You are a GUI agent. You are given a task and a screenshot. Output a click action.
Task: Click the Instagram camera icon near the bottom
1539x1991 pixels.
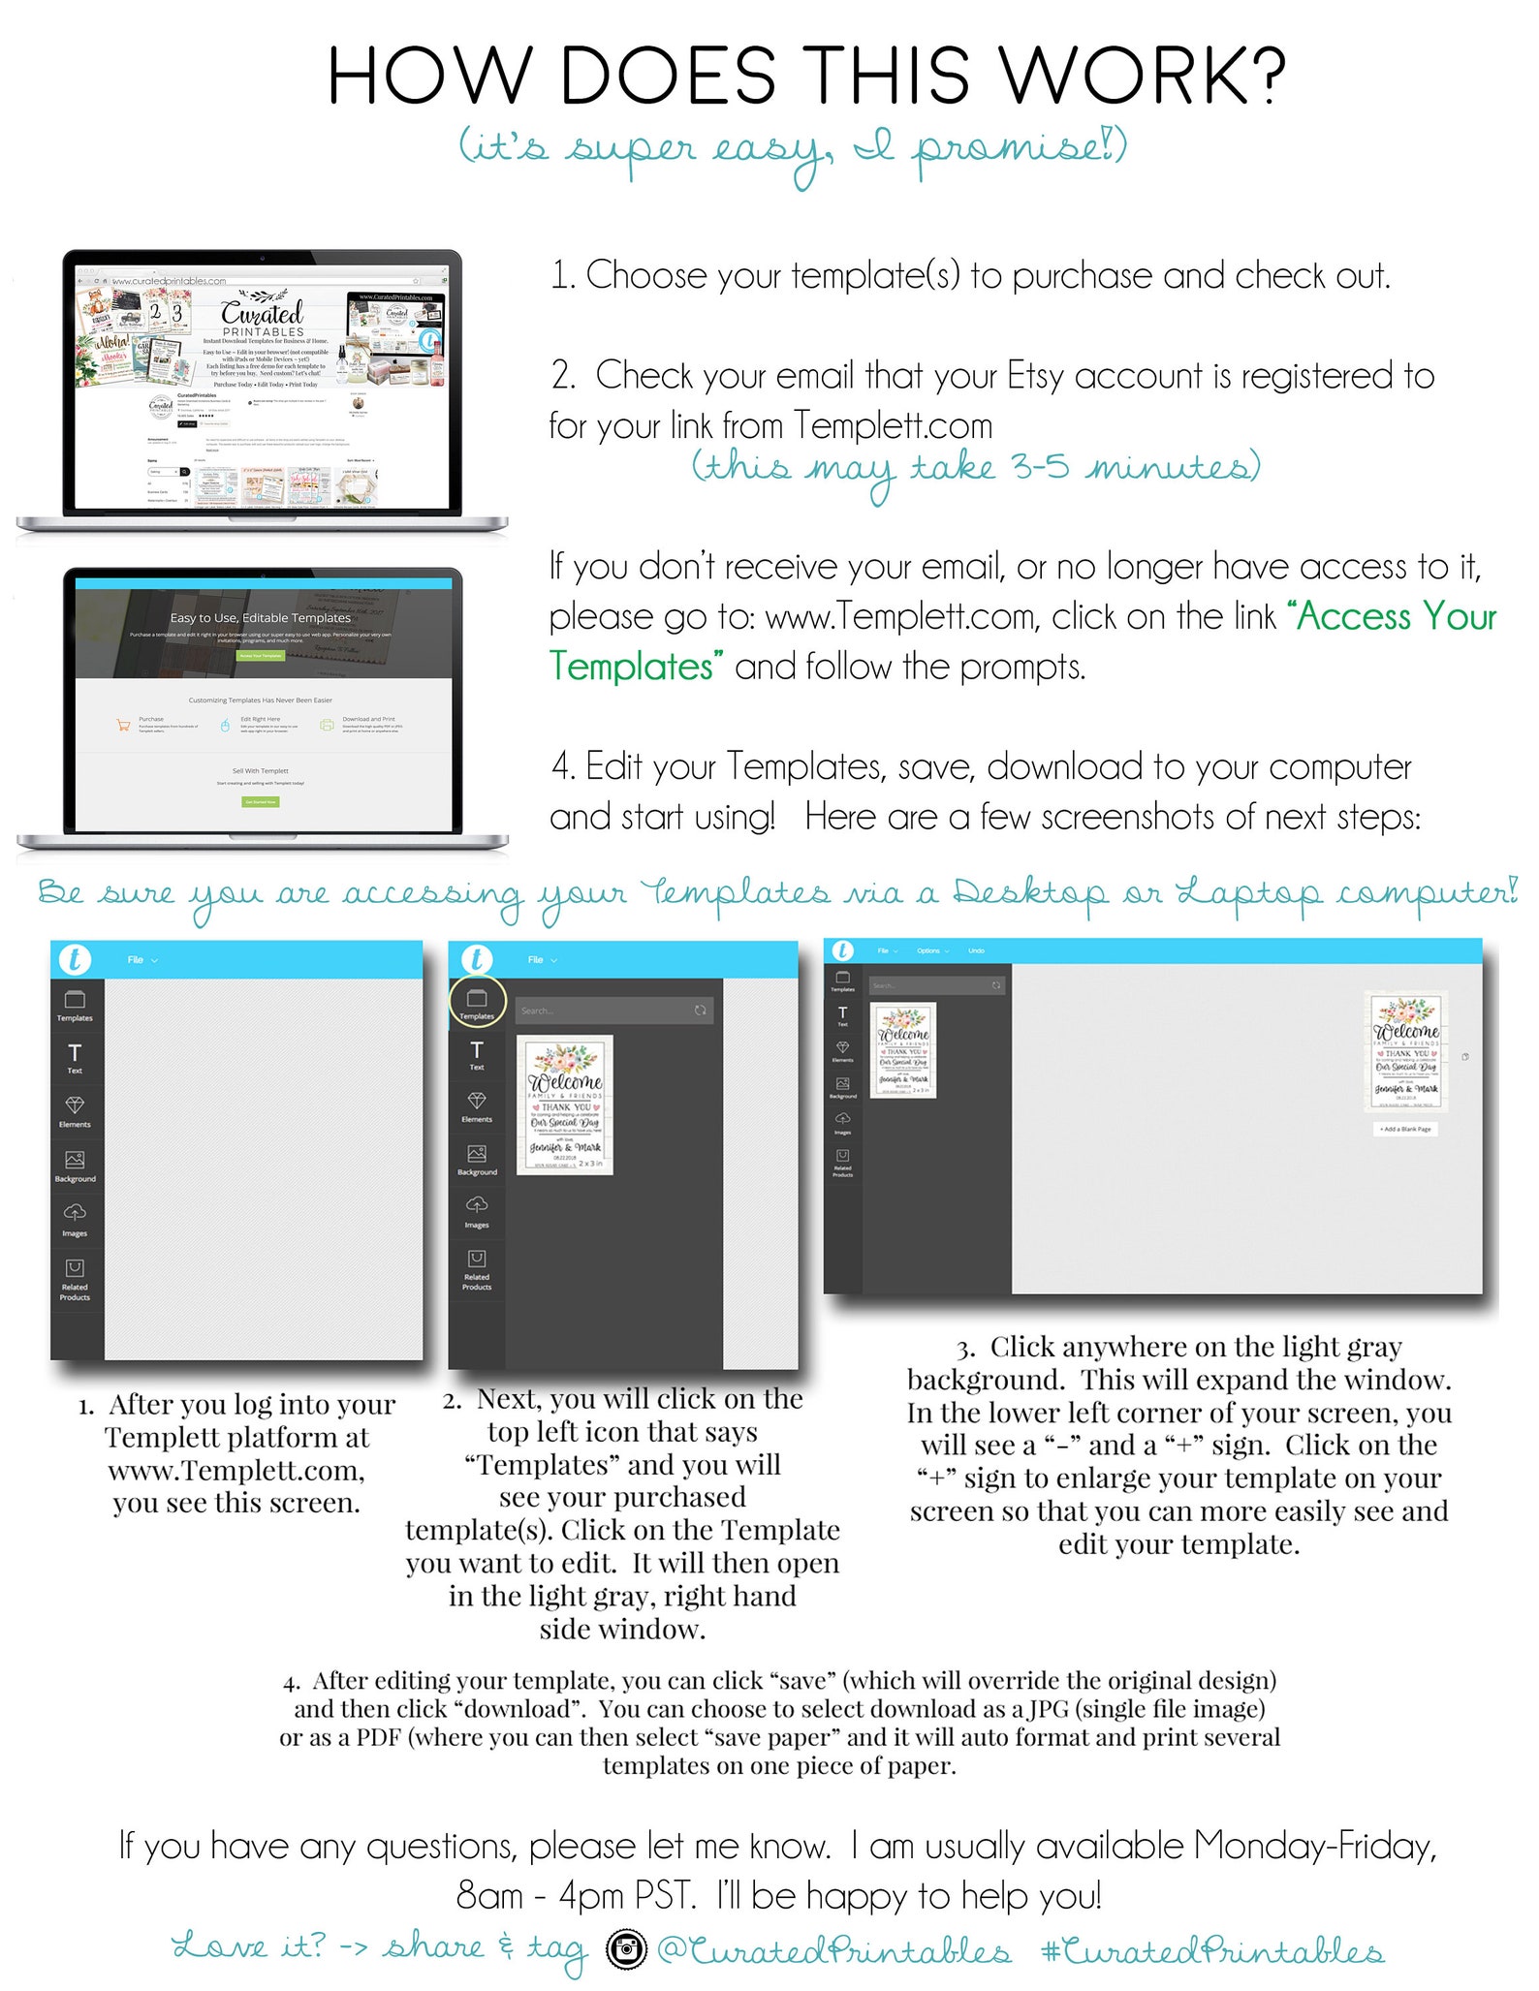626,1947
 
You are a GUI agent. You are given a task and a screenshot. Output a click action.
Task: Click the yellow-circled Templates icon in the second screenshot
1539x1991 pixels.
476,1001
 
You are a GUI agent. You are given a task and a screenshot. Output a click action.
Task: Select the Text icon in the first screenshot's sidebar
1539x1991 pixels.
75,1056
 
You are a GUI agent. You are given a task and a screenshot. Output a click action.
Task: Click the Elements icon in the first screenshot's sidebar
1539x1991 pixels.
75,1109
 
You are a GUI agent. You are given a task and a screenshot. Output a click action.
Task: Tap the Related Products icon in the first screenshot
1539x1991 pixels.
75,1277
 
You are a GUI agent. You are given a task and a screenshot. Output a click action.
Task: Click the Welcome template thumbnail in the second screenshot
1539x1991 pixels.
565,1104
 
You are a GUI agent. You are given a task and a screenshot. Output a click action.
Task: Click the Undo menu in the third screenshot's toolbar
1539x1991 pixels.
976,950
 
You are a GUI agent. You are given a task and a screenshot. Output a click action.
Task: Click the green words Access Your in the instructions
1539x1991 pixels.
1397,616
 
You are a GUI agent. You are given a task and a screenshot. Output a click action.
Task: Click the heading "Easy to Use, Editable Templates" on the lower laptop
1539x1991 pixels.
261,617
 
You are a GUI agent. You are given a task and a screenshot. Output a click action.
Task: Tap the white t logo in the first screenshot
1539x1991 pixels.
75,959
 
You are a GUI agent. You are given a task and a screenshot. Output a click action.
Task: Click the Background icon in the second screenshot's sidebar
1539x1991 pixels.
477,1159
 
